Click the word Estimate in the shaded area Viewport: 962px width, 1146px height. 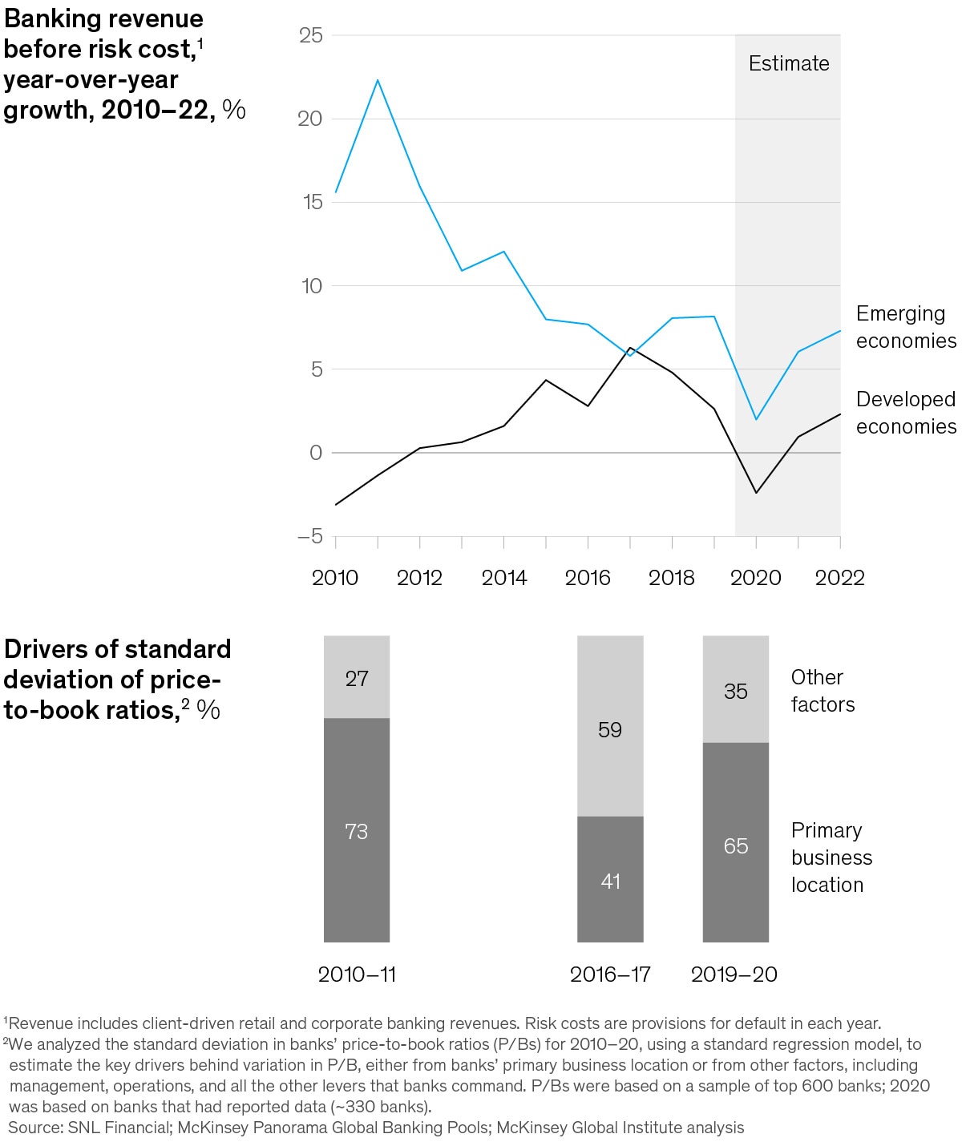(789, 63)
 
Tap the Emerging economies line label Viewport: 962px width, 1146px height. (905, 327)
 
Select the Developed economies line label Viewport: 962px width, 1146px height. (905, 413)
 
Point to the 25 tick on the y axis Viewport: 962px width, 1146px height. (310, 35)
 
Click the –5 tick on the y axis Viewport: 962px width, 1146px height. (309, 536)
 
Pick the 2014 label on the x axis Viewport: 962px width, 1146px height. (503, 578)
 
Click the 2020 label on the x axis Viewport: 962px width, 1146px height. (755, 578)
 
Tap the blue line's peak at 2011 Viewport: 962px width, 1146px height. (378, 79)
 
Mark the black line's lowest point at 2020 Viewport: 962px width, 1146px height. (755, 493)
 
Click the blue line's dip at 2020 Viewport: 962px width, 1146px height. (755, 419)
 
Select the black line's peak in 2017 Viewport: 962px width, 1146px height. (630, 348)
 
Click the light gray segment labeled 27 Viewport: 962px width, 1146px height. (357, 678)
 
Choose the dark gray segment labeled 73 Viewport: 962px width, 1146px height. (357, 831)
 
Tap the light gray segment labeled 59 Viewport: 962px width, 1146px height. (610, 729)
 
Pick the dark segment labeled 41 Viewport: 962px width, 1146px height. (610, 881)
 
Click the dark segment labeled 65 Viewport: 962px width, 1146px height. (735, 845)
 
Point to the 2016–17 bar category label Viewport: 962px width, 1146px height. (610, 975)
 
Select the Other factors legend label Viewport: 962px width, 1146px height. (823, 691)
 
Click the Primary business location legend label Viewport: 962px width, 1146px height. (831, 857)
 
